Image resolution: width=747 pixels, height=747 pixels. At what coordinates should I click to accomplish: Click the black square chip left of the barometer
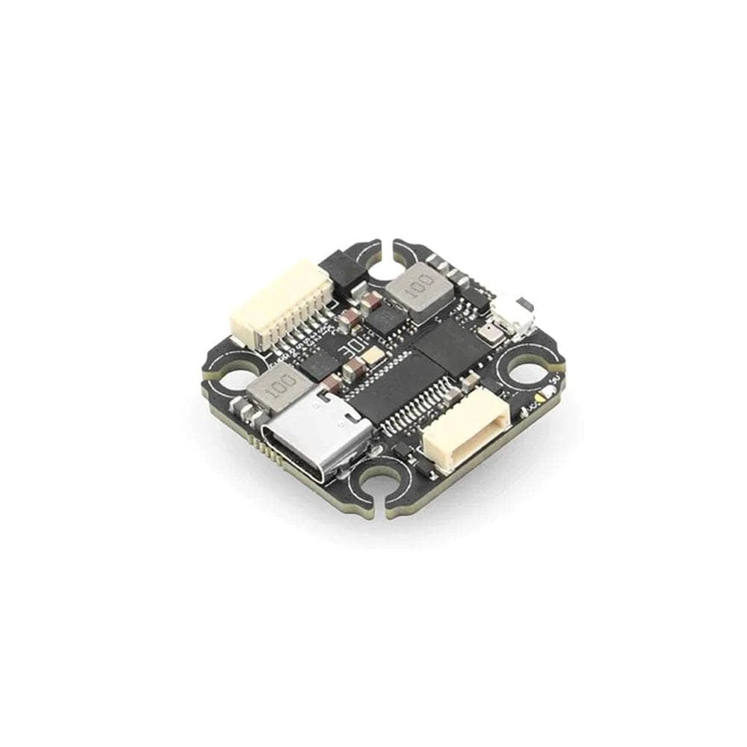click(x=453, y=345)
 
